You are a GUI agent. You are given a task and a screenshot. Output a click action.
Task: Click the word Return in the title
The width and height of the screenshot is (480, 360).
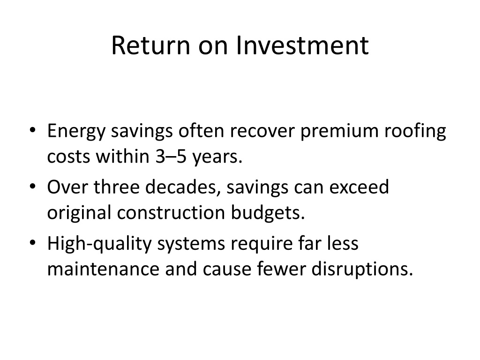[150, 45]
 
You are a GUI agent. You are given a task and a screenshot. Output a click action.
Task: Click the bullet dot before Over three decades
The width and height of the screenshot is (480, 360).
[32, 187]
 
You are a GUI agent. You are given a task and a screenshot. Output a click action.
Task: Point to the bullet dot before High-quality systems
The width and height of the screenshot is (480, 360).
[32, 243]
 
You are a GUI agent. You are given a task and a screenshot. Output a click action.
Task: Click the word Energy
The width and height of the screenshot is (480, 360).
[76, 132]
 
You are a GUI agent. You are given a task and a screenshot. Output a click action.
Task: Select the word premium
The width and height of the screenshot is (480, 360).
[339, 132]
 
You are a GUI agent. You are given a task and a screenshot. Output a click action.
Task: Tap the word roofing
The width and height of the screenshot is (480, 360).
[415, 131]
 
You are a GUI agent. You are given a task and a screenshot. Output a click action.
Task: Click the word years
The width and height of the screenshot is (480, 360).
[217, 158]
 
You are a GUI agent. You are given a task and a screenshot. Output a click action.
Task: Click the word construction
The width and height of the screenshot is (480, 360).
[171, 213]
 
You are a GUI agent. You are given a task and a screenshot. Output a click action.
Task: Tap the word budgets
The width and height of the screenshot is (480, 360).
[268, 213]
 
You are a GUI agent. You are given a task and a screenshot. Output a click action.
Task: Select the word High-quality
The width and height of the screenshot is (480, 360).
[99, 244]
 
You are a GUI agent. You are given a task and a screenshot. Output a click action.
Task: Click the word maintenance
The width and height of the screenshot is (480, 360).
[104, 269]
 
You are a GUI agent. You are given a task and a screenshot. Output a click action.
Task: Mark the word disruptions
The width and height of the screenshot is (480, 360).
[362, 270]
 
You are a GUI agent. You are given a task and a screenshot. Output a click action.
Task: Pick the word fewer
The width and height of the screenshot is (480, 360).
[281, 269]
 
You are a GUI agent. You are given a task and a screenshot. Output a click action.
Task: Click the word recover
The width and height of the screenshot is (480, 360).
[262, 131]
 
